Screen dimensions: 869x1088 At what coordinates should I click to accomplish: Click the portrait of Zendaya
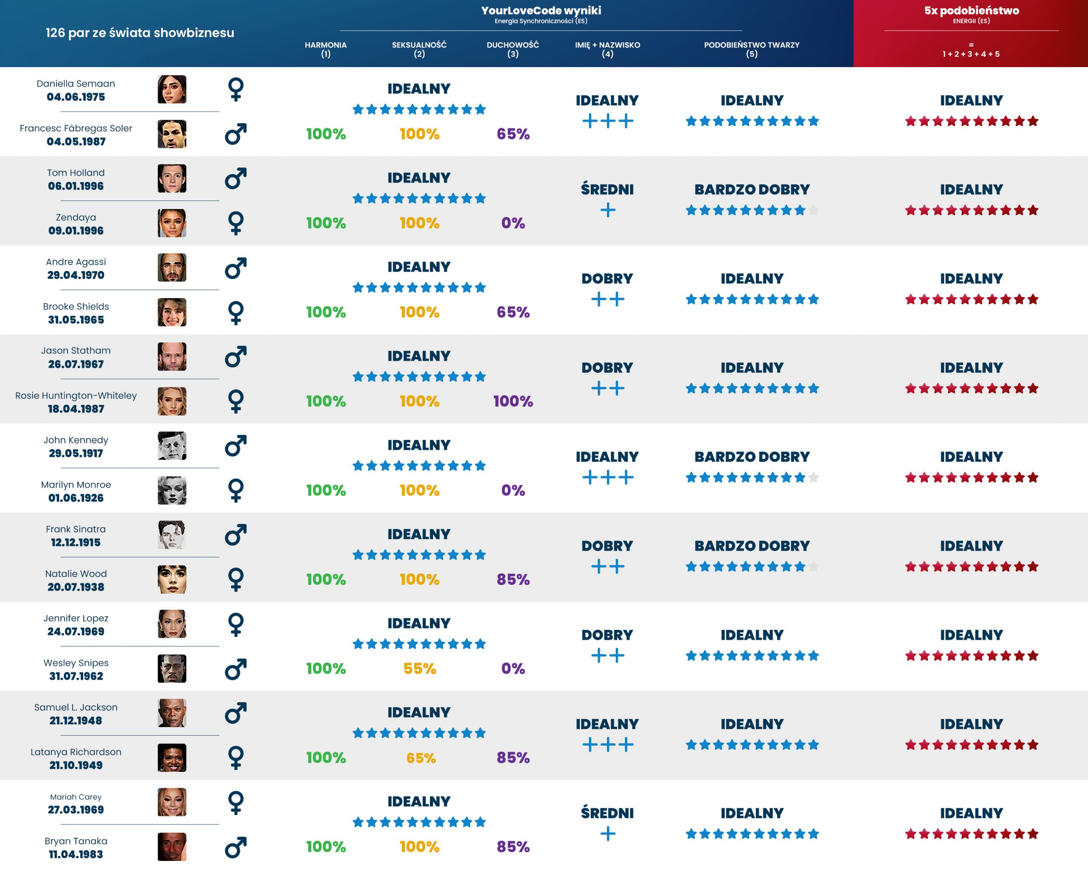172,223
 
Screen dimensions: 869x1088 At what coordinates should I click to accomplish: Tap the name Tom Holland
76,172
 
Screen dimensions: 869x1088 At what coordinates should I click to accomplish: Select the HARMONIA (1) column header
326,49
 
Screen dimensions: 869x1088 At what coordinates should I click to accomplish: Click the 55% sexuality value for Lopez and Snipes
419,668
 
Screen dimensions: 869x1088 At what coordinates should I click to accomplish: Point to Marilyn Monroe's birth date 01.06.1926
76,498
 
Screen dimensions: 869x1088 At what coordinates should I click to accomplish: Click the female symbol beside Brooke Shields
236,313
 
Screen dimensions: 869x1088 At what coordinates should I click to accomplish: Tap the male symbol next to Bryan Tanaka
236,847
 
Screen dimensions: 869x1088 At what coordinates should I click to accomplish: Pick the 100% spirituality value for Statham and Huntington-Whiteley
513,401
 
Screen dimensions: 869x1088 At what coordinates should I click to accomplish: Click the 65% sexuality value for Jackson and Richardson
421,758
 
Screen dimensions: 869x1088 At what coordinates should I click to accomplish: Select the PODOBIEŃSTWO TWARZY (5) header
751,49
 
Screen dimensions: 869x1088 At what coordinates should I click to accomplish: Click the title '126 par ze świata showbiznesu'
140,33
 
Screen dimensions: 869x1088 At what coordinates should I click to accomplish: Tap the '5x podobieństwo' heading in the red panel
972,11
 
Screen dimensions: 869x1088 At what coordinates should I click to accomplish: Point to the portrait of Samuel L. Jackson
172,713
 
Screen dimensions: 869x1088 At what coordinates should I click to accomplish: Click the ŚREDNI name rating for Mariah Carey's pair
607,813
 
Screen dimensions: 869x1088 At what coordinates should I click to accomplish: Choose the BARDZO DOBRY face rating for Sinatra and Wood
752,546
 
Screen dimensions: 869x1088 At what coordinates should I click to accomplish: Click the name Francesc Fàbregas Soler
76,128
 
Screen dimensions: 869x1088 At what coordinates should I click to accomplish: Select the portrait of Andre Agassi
172,267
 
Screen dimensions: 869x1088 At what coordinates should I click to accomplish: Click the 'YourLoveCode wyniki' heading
541,11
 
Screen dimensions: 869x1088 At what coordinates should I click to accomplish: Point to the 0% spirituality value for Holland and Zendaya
513,223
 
